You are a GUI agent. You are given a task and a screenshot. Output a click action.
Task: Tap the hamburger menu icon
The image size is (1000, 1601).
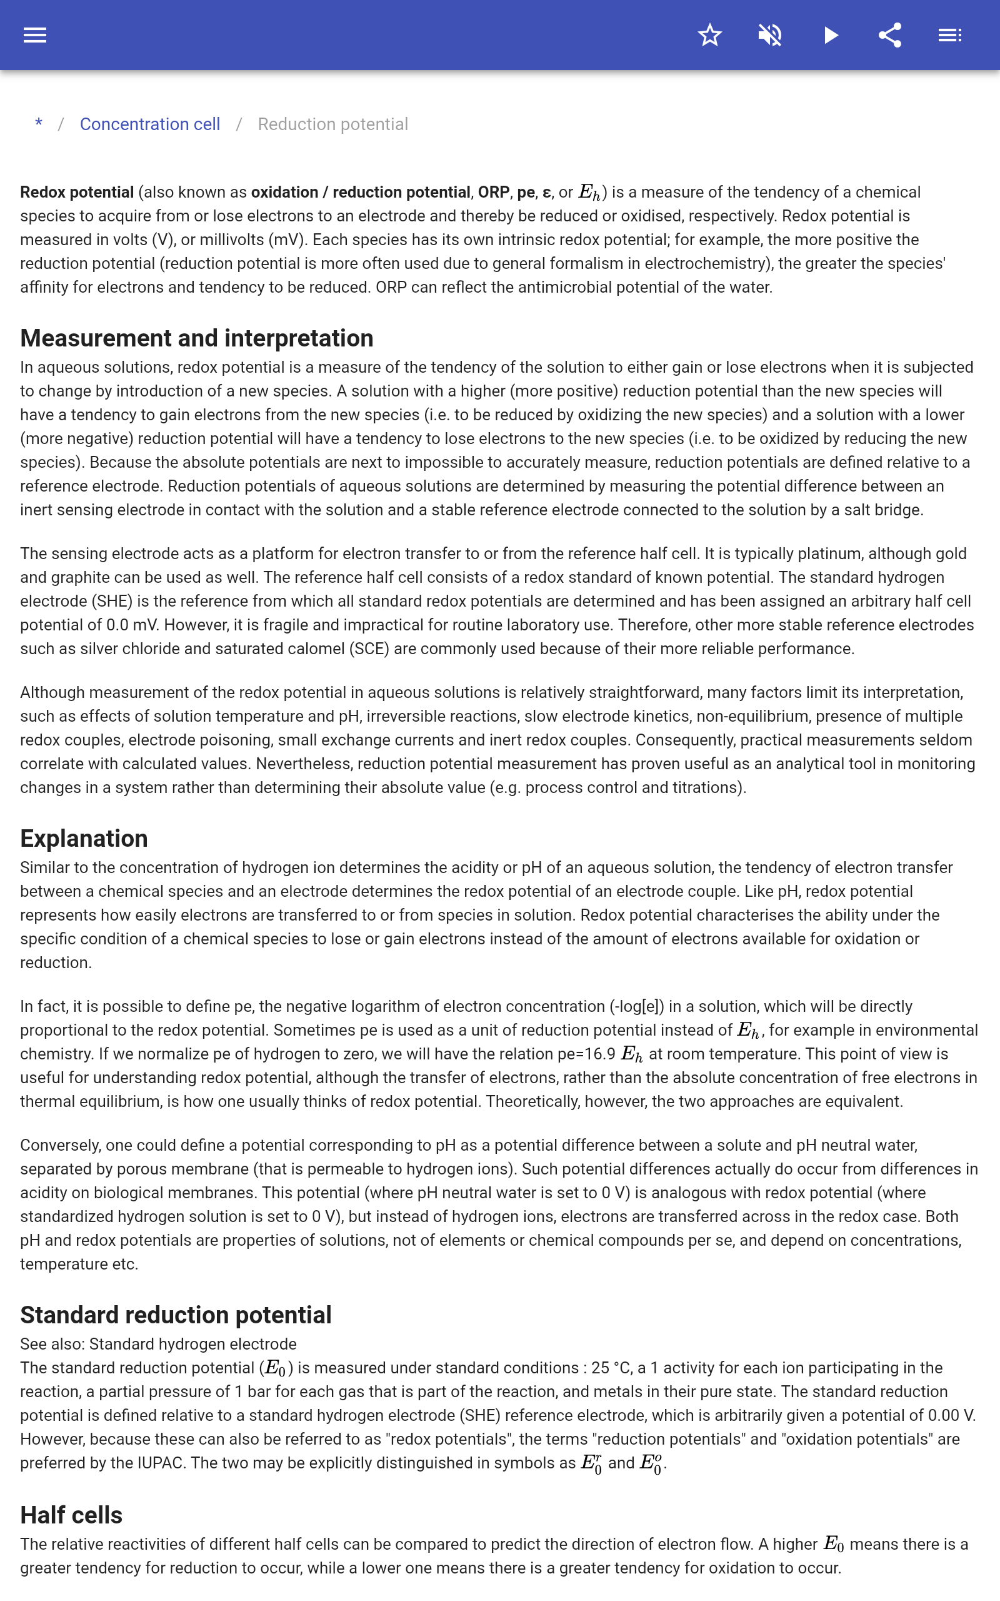[x=35, y=35]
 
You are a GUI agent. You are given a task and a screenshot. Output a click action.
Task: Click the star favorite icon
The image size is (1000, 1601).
[x=709, y=35]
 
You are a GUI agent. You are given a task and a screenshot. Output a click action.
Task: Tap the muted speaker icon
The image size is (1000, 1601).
[x=770, y=35]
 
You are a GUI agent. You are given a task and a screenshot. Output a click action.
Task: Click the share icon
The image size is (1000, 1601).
[x=890, y=35]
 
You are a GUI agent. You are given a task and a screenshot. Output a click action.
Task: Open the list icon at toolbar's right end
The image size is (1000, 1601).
[x=950, y=35]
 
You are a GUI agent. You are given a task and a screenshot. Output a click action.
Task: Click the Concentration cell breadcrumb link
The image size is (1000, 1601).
[x=149, y=124]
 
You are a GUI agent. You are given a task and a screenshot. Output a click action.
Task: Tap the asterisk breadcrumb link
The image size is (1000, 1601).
[x=39, y=124]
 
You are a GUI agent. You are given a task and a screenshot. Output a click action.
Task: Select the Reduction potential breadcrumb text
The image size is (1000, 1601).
[x=332, y=124]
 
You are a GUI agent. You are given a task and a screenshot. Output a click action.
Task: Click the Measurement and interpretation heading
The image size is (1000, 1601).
[x=196, y=338]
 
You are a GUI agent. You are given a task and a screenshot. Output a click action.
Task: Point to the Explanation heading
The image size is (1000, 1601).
[x=84, y=838]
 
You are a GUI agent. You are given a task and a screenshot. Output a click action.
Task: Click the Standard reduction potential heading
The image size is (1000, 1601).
[x=175, y=1315]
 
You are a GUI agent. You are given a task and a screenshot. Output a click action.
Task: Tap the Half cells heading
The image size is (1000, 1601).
[x=71, y=1514]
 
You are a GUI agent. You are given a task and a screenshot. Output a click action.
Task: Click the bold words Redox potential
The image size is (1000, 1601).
[x=77, y=193]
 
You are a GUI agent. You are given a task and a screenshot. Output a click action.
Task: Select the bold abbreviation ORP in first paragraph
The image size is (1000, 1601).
[x=493, y=193]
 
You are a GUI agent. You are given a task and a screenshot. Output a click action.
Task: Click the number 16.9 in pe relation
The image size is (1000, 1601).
[x=601, y=1054]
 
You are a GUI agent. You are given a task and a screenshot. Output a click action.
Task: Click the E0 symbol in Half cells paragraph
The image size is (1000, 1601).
[x=833, y=1545]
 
